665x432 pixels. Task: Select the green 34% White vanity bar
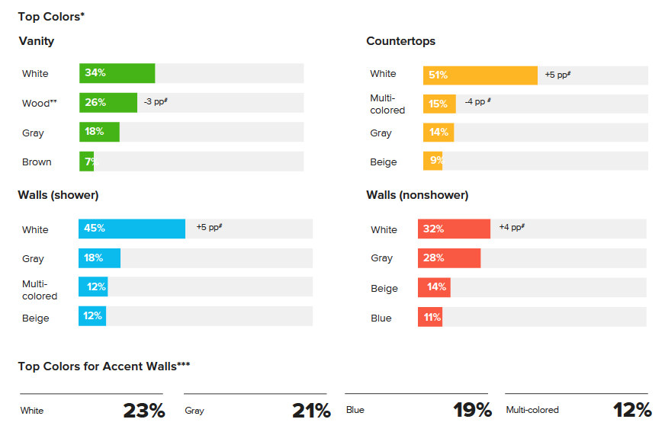(x=117, y=73)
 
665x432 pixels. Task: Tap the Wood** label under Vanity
(x=40, y=103)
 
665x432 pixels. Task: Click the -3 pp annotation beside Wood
(x=155, y=101)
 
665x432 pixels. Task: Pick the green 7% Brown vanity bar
(x=86, y=162)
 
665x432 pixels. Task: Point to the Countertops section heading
(x=400, y=41)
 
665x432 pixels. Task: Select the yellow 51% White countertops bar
(x=480, y=75)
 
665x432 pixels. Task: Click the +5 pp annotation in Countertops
(x=557, y=75)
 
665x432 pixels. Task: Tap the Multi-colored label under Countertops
(x=387, y=104)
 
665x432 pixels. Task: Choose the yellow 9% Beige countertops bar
(x=432, y=161)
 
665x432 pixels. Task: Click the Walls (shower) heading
(x=58, y=195)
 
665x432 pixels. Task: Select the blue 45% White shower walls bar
(x=131, y=229)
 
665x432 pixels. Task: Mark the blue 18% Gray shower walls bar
(x=99, y=258)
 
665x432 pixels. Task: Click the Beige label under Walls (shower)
(x=35, y=318)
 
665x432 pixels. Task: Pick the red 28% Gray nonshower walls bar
(x=448, y=258)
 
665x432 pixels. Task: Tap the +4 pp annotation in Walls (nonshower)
(x=511, y=227)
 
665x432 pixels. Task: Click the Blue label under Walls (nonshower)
(x=381, y=318)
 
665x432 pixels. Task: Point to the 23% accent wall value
(x=143, y=411)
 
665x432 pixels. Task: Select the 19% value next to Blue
(x=471, y=411)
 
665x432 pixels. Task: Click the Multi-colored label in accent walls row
(x=532, y=410)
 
